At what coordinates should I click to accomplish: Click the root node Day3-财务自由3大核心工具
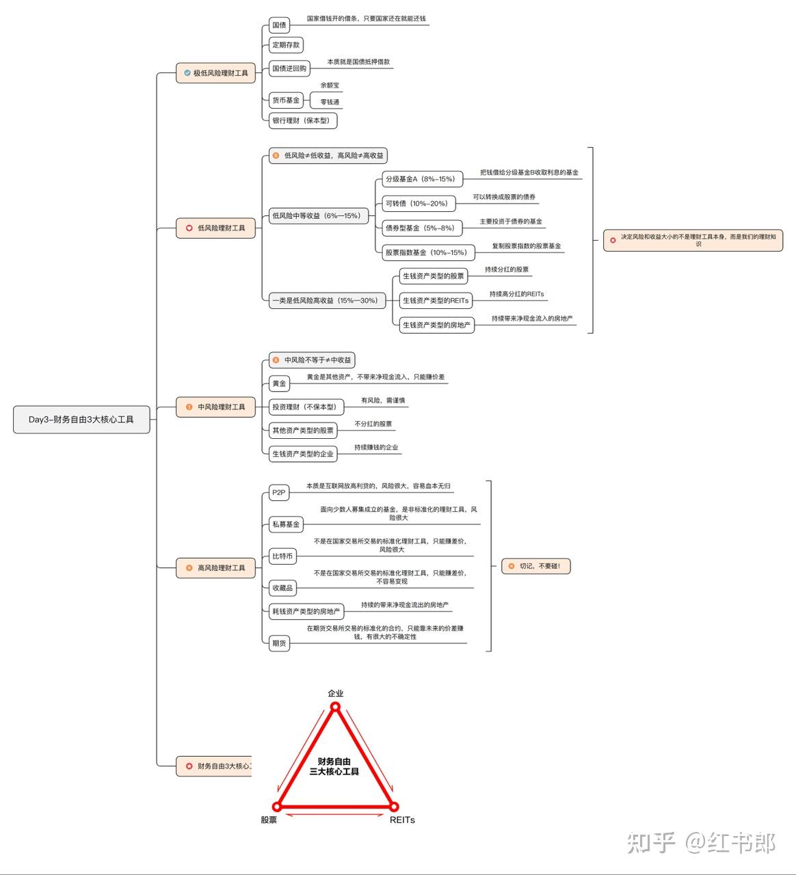(x=81, y=419)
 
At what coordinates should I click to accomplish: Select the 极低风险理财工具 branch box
(x=215, y=73)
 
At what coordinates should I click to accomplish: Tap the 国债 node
(x=279, y=25)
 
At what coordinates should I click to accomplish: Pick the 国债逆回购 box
(x=289, y=68)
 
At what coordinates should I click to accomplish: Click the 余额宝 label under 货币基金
(x=330, y=85)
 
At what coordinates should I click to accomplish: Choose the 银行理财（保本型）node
(x=303, y=120)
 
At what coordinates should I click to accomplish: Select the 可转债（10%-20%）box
(x=419, y=203)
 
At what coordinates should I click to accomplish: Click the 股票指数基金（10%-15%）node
(x=428, y=252)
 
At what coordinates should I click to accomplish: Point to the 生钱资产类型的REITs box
(x=436, y=301)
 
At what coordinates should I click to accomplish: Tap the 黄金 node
(x=279, y=383)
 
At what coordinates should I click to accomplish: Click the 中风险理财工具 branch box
(x=215, y=407)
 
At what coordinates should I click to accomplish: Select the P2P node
(x=279, y=492)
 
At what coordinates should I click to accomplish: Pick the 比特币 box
(x=283, y=556)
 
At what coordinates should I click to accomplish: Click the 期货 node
(x=279, y=643)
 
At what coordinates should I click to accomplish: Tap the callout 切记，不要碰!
(x=536, y=566)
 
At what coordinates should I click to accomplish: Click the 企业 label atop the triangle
(x=336, y=693)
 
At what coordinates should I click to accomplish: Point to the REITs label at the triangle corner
(x=402, y=820)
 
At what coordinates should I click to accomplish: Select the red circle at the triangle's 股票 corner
(x=277, y=806)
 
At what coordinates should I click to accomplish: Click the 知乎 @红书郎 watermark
(x=701, y=842)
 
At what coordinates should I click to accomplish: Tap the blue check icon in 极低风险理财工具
(x=187, y=73)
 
